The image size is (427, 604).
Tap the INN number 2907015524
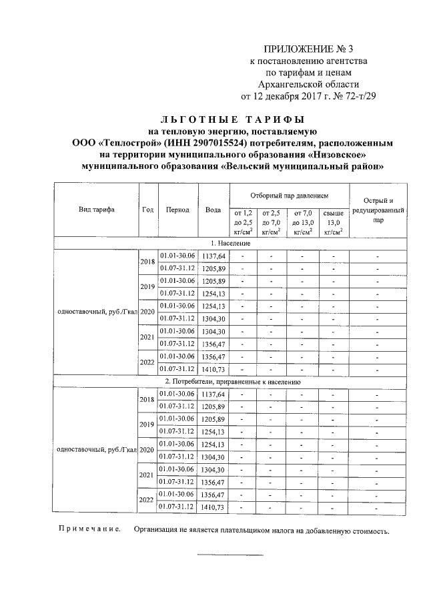pyautogui.click(x=207, y=143)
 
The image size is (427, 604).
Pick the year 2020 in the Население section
pyautogui.click(x=147, y=312)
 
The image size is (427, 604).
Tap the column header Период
pyautogui.click(x=177, y=210)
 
